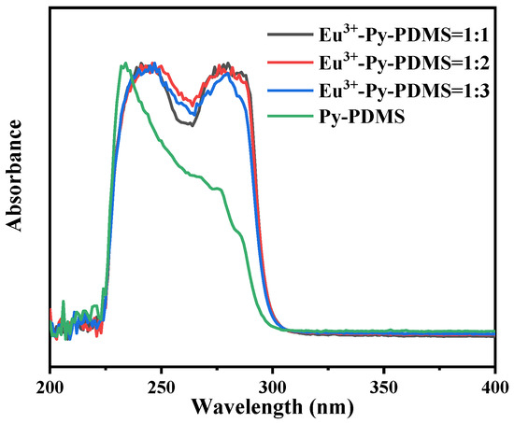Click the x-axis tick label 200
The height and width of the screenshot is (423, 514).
point(50,387)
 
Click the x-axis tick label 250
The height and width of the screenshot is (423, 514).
point(161,387)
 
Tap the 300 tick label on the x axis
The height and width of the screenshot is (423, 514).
point(272,387)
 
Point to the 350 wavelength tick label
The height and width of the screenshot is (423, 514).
point(383,387)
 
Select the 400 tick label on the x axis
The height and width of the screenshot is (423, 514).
point(493,387)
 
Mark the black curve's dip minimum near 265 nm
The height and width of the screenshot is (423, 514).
point(192,124)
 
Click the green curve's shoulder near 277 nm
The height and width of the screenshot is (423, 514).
point(221,190)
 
